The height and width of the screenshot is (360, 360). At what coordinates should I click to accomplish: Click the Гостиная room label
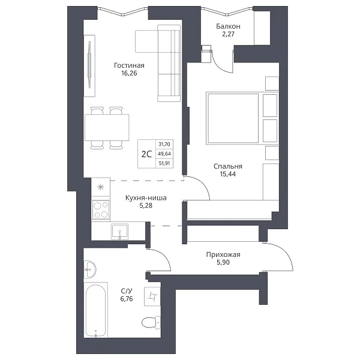(x=129, y=65)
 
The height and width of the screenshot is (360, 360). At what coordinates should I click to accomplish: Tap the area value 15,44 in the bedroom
(x=228, y=174)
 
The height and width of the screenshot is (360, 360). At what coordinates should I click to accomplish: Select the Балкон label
(x=228, y=26)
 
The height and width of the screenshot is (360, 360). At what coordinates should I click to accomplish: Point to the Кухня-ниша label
(x=146, y=197)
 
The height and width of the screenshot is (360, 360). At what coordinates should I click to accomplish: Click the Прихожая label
(x=223, y=254)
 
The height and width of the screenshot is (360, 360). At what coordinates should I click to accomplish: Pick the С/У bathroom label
(x=127, y=291)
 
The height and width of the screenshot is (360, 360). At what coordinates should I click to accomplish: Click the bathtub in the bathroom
(x=96, y=310)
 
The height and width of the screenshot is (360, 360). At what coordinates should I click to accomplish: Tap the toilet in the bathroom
(x=151, y=322)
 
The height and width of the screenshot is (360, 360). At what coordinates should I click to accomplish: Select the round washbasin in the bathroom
(x=90, y=269)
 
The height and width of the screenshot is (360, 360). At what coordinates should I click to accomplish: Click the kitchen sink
(x=119, y=232)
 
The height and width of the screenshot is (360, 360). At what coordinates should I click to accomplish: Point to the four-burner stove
(x=101, y=209)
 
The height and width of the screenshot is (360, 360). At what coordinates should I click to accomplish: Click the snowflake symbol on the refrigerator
(x=101, y=187)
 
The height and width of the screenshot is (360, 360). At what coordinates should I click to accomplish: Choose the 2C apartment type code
(x=146, y=154)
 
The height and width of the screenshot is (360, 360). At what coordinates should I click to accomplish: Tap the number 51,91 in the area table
(x=164, y=164)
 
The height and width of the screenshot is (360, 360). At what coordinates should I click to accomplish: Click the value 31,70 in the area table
(x=164, y=144)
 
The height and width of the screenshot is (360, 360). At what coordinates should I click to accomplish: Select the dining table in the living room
(x=107, y=127)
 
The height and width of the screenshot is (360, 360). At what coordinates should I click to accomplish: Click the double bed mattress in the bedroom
(x=233, y=118)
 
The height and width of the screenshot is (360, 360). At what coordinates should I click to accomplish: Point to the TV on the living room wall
(x=89, y=65)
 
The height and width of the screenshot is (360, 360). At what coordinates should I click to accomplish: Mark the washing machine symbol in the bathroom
(x=152, y=296)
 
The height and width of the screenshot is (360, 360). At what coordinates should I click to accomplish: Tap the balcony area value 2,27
(x=228, y=34)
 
